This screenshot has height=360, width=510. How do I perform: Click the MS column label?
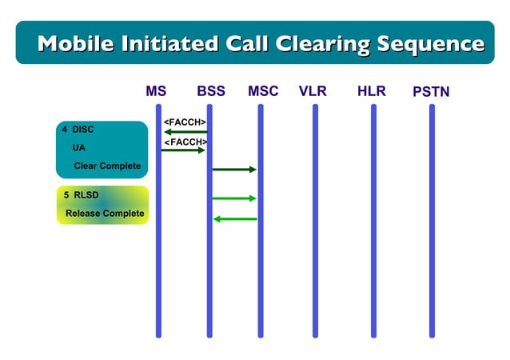coord(156,91)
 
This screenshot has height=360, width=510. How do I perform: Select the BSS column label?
coord(211,91)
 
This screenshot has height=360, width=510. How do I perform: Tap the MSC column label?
coord(263,91)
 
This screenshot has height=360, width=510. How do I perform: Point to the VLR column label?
coord(313,91)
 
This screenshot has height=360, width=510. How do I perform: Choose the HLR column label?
coord(372,91)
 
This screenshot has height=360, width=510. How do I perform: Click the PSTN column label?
coord(431,92)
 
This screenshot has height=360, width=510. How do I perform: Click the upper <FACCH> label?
coord(185,122)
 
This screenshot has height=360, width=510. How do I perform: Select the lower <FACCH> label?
coord(185,142)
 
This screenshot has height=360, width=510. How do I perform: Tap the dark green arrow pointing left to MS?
coord(185,131)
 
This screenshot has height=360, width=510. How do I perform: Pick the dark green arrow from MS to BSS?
coord(184,150)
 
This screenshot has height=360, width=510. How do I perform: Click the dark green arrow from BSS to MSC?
coord(234,170)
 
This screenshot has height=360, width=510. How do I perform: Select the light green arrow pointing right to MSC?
coord(234,198)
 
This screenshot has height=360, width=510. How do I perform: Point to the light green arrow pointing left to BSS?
coord(235,218)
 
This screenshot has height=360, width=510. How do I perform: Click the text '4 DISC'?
coord(78,130)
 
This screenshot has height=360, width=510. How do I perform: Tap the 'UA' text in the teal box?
coord(78,148)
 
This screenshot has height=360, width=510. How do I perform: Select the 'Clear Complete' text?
coord(107,166)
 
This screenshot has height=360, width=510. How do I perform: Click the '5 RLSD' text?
coord(81,195)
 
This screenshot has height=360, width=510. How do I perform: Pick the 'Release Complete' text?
coord(105,214)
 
